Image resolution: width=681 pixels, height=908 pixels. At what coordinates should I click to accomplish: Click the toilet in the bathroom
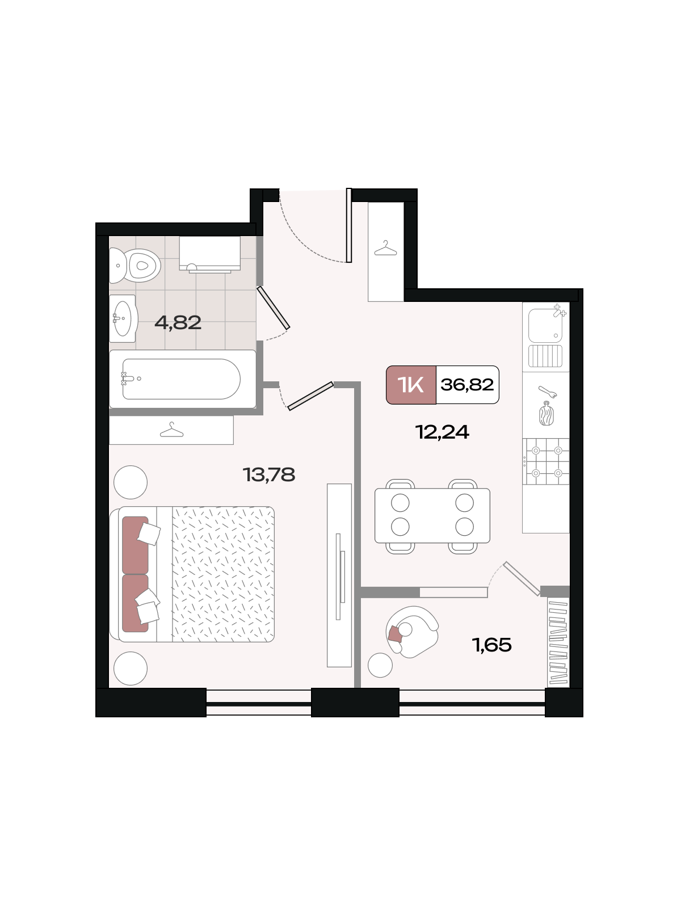(x=134, y=265)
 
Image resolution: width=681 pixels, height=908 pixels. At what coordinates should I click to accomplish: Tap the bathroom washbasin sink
(x=123, y=318)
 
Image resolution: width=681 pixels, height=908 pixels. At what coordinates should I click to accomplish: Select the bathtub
(x=182, y=379)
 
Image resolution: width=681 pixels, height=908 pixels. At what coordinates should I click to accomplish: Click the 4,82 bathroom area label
(x=178, y=323)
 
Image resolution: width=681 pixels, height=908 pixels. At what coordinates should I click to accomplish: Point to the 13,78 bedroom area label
(x=269, y=475)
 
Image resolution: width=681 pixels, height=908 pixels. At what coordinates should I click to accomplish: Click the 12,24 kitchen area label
(x=442, y=432)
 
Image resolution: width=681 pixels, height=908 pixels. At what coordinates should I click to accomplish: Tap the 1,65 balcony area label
(x=491, y=645)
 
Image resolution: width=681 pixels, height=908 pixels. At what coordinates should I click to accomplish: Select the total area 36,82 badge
(x=467, y=385)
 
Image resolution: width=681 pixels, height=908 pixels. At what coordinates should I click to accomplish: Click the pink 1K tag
(x=411, y=385)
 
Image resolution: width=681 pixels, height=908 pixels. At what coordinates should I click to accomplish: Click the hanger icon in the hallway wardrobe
(x=385, y=249)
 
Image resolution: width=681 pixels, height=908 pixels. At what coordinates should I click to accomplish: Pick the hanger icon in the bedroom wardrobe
(x=171, y=430)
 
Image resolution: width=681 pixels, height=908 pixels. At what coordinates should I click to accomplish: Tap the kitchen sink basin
(x=545, y=326)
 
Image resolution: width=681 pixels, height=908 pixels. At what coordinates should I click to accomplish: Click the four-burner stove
(x=546, y=461)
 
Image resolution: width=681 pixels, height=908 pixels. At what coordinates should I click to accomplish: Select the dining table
(x=432, y=515)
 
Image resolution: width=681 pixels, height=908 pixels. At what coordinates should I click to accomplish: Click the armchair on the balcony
(x=412, y=632)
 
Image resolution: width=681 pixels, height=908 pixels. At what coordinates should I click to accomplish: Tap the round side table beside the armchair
(x=380, y=665)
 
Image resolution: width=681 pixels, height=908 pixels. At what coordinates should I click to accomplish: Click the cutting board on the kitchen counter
(x=546, y=414)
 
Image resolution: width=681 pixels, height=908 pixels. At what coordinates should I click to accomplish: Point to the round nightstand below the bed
(x=131, y=669)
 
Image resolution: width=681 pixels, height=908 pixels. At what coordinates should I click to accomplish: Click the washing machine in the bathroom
(x=209, y=254)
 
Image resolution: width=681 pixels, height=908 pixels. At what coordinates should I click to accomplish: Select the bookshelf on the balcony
(x=558, y=643)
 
